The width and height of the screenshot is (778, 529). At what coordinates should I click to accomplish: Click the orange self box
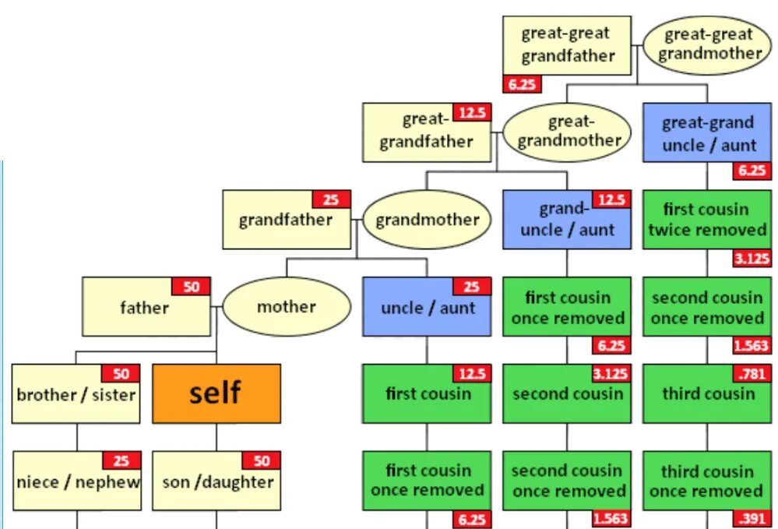click(x=216, y=393)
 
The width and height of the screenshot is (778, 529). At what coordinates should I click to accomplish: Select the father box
click(x=146, y=307)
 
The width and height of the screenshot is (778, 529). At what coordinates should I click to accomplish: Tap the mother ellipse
click(x=286, y=306)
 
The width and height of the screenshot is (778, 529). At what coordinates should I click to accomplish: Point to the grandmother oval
click(x=427, y=220)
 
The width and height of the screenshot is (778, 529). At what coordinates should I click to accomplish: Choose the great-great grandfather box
click(x=566, y=45)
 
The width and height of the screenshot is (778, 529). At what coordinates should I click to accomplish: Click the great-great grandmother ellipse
click(x=708, y=44)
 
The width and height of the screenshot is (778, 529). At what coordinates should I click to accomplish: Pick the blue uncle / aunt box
click(x=426, y=307)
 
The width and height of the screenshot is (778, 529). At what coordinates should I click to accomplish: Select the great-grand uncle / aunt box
click(x=707, y=133)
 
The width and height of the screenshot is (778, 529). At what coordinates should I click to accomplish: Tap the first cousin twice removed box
click(x=707, y=220)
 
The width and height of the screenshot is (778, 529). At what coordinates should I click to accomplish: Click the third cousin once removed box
click(x=706, y=481)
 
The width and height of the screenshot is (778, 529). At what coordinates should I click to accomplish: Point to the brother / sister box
click(x=76, y=394)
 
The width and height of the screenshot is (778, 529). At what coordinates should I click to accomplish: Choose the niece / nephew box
click(x=76, y=481)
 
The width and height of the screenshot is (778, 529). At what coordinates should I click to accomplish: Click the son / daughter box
click(x=216, y=481)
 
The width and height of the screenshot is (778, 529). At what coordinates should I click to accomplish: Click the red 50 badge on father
click(x=191, y=287)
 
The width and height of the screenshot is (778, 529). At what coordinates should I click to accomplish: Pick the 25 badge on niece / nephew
click(x=121, y=460)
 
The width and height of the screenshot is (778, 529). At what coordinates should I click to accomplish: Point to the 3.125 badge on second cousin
click(x=611, y=374)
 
